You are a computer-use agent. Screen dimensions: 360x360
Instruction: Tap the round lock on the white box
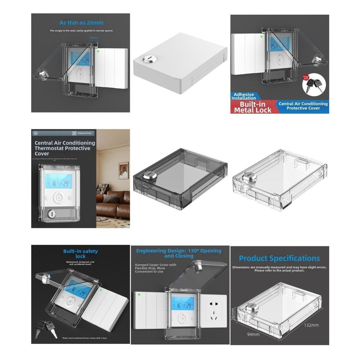[x=148, y=59]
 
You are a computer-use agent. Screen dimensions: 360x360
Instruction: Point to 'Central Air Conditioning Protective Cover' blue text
[x=303, y=106]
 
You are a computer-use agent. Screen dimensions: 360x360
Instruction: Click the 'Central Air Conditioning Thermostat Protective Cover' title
[x=64, y=148]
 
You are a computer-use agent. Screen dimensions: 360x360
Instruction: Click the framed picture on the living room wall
[x=124, y=171]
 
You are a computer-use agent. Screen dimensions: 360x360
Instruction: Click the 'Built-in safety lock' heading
[x=81, y=253]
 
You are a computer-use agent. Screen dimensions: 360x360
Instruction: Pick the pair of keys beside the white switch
[x=44, y=329]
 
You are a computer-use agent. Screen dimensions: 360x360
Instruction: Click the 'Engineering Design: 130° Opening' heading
[x=178, y=253]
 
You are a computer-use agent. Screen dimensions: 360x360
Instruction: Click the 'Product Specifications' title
[x=279, y=258]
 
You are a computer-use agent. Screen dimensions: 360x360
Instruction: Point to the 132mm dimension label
[x=312, y=324]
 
